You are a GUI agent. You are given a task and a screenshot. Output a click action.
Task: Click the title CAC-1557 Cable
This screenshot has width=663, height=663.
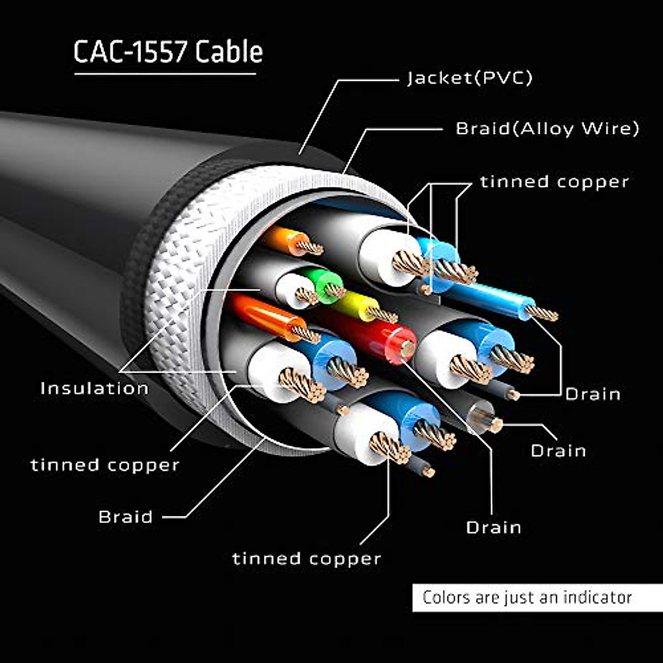[168, 52]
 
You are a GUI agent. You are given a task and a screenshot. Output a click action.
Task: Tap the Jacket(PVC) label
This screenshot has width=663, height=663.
[470, 78]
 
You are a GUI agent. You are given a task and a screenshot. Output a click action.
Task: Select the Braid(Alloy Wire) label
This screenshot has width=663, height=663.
[547, 129]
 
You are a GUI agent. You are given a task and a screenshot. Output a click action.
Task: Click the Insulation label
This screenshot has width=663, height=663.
[94, 388]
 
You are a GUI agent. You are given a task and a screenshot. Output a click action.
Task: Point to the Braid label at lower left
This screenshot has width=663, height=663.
[125, 517]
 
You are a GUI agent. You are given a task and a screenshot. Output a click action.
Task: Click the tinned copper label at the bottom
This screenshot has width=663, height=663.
[307, 559]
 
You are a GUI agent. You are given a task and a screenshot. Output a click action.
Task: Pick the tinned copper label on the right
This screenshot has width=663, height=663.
[554, 182]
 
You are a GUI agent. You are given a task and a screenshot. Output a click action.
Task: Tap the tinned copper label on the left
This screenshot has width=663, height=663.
[105, 465]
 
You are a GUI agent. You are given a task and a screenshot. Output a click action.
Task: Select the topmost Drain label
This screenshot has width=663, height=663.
[593, 394]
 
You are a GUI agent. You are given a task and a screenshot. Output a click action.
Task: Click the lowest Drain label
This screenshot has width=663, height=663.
[493, 527]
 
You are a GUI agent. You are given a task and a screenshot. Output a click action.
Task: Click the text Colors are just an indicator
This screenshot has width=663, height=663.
[527, 597]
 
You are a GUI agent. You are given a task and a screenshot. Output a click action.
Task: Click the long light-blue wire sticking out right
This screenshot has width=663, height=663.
[492, 298]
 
